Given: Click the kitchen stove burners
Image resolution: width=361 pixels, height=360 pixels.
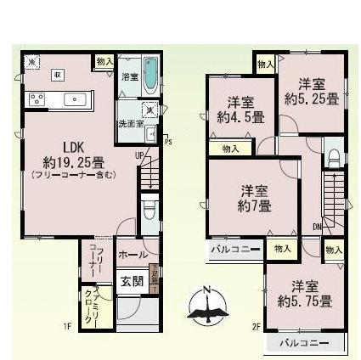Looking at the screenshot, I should click(37, 98).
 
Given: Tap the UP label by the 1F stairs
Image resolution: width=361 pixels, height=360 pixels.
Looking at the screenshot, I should click(138, 156).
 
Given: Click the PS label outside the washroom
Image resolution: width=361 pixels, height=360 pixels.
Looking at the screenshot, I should click(167, 142).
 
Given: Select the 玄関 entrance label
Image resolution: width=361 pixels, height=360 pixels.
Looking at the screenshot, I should click(130, 281).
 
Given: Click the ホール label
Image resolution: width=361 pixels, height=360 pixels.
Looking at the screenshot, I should click(132, 255).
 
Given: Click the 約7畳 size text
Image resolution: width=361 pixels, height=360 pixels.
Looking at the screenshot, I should click(253, 206).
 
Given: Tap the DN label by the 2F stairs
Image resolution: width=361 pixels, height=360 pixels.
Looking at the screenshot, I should click(316, 227).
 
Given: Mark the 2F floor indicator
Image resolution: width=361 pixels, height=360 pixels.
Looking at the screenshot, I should click(256, 325).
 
